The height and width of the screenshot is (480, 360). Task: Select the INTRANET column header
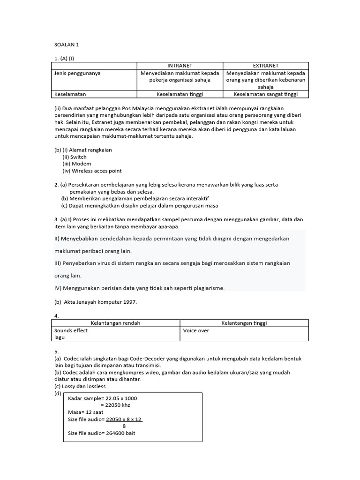click(x=180, y=66)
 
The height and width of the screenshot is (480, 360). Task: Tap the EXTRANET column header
click(x=265, y=66)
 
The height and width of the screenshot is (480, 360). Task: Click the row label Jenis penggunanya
click(x=77, y=73)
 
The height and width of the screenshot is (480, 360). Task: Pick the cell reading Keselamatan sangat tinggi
click(x=265, y=94)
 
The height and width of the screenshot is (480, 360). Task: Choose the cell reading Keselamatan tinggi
click(x=180, y=94)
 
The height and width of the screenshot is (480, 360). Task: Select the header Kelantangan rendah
click(x=115, y=323)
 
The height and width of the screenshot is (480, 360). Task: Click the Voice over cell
click(x=196, y=330)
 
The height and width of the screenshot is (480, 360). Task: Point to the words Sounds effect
click(x=71, y=330)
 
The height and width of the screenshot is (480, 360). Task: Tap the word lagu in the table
click(x=60, y=337)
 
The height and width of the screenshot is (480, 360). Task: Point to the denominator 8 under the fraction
click(x=124, y=426)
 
